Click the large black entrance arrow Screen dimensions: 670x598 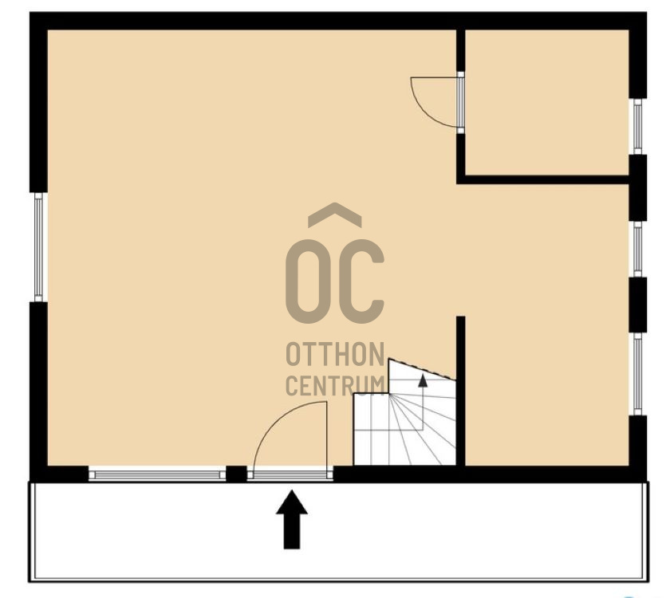(292, 519)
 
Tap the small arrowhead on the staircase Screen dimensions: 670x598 (423, 380)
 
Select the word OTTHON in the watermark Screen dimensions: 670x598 (336, 354)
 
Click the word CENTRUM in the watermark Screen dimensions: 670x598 (336, 385)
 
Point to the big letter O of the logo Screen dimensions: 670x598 (308, 281)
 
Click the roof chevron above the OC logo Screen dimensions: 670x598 (335, 214)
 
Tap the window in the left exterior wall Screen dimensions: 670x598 (38, 247)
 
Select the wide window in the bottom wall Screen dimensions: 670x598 (157, 474)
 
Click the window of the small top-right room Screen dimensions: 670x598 (637, 127)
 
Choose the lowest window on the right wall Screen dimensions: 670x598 (637, 374)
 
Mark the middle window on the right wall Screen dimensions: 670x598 (637, 249)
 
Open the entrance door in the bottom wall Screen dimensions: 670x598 (290, 474)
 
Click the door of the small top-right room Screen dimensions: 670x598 (460, 103)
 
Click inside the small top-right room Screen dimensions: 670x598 (546, 102)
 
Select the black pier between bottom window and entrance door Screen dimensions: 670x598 (236, 474)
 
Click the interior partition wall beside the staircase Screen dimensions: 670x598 (461, 391)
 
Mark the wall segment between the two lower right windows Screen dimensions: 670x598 (637, 305)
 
